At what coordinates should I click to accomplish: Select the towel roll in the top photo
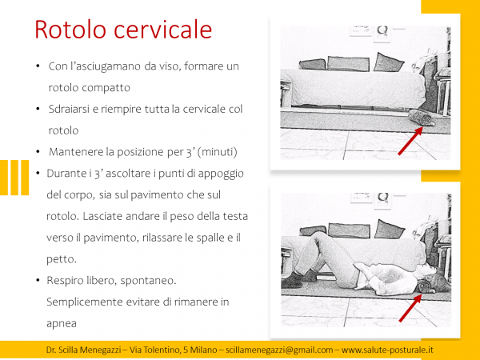[x=421, y=120]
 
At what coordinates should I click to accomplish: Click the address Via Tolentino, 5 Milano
[x=174, y=350]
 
